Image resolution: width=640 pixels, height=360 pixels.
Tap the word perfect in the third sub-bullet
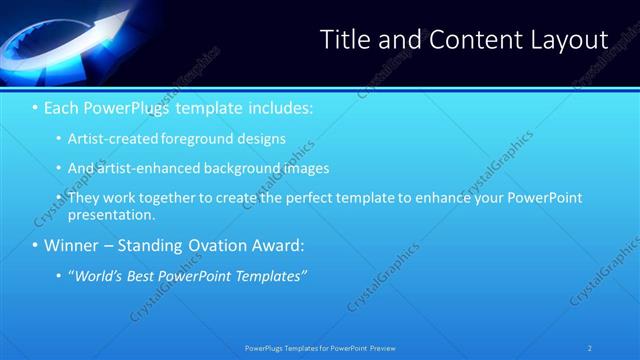click(339, 198)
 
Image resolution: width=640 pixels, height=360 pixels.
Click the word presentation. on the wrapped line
click(112, 214)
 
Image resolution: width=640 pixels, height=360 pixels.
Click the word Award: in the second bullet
click(276, 245)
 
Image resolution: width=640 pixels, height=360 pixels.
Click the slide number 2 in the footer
click(590, 347)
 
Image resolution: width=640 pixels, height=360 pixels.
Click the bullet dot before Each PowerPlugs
click(35, 106)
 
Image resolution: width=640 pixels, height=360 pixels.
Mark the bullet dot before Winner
click(35, 245)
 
